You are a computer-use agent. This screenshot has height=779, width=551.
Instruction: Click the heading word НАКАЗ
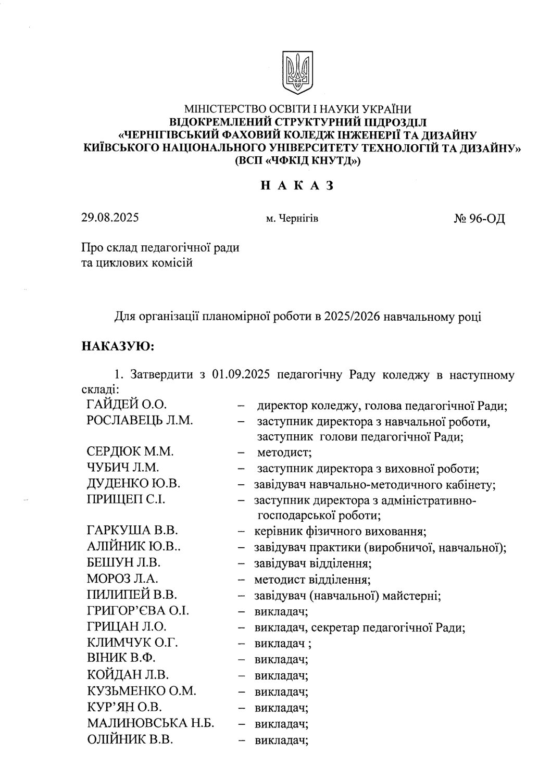pos(296,185)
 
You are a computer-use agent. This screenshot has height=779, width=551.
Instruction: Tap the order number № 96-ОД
pos(479,219)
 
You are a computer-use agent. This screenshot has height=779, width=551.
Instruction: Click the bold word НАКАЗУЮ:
pos(117,345)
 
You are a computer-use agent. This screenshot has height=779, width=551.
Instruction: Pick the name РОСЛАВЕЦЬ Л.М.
pos(140,421)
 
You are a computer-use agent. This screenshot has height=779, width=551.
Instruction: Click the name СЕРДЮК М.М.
pos(130,452)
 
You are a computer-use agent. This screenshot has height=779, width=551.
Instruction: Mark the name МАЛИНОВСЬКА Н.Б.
pos(151,723)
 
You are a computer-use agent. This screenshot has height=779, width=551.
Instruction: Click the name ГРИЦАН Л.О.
pos(127,627)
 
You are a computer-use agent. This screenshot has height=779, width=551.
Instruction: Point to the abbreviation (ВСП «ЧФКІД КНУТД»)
pos(297,161)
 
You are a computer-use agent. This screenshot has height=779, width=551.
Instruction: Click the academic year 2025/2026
pos(352,316)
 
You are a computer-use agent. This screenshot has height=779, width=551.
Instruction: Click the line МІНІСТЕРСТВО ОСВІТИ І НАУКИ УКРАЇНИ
pos(297,109)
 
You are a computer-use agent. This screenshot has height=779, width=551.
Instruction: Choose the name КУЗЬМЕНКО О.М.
pos(142,692)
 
